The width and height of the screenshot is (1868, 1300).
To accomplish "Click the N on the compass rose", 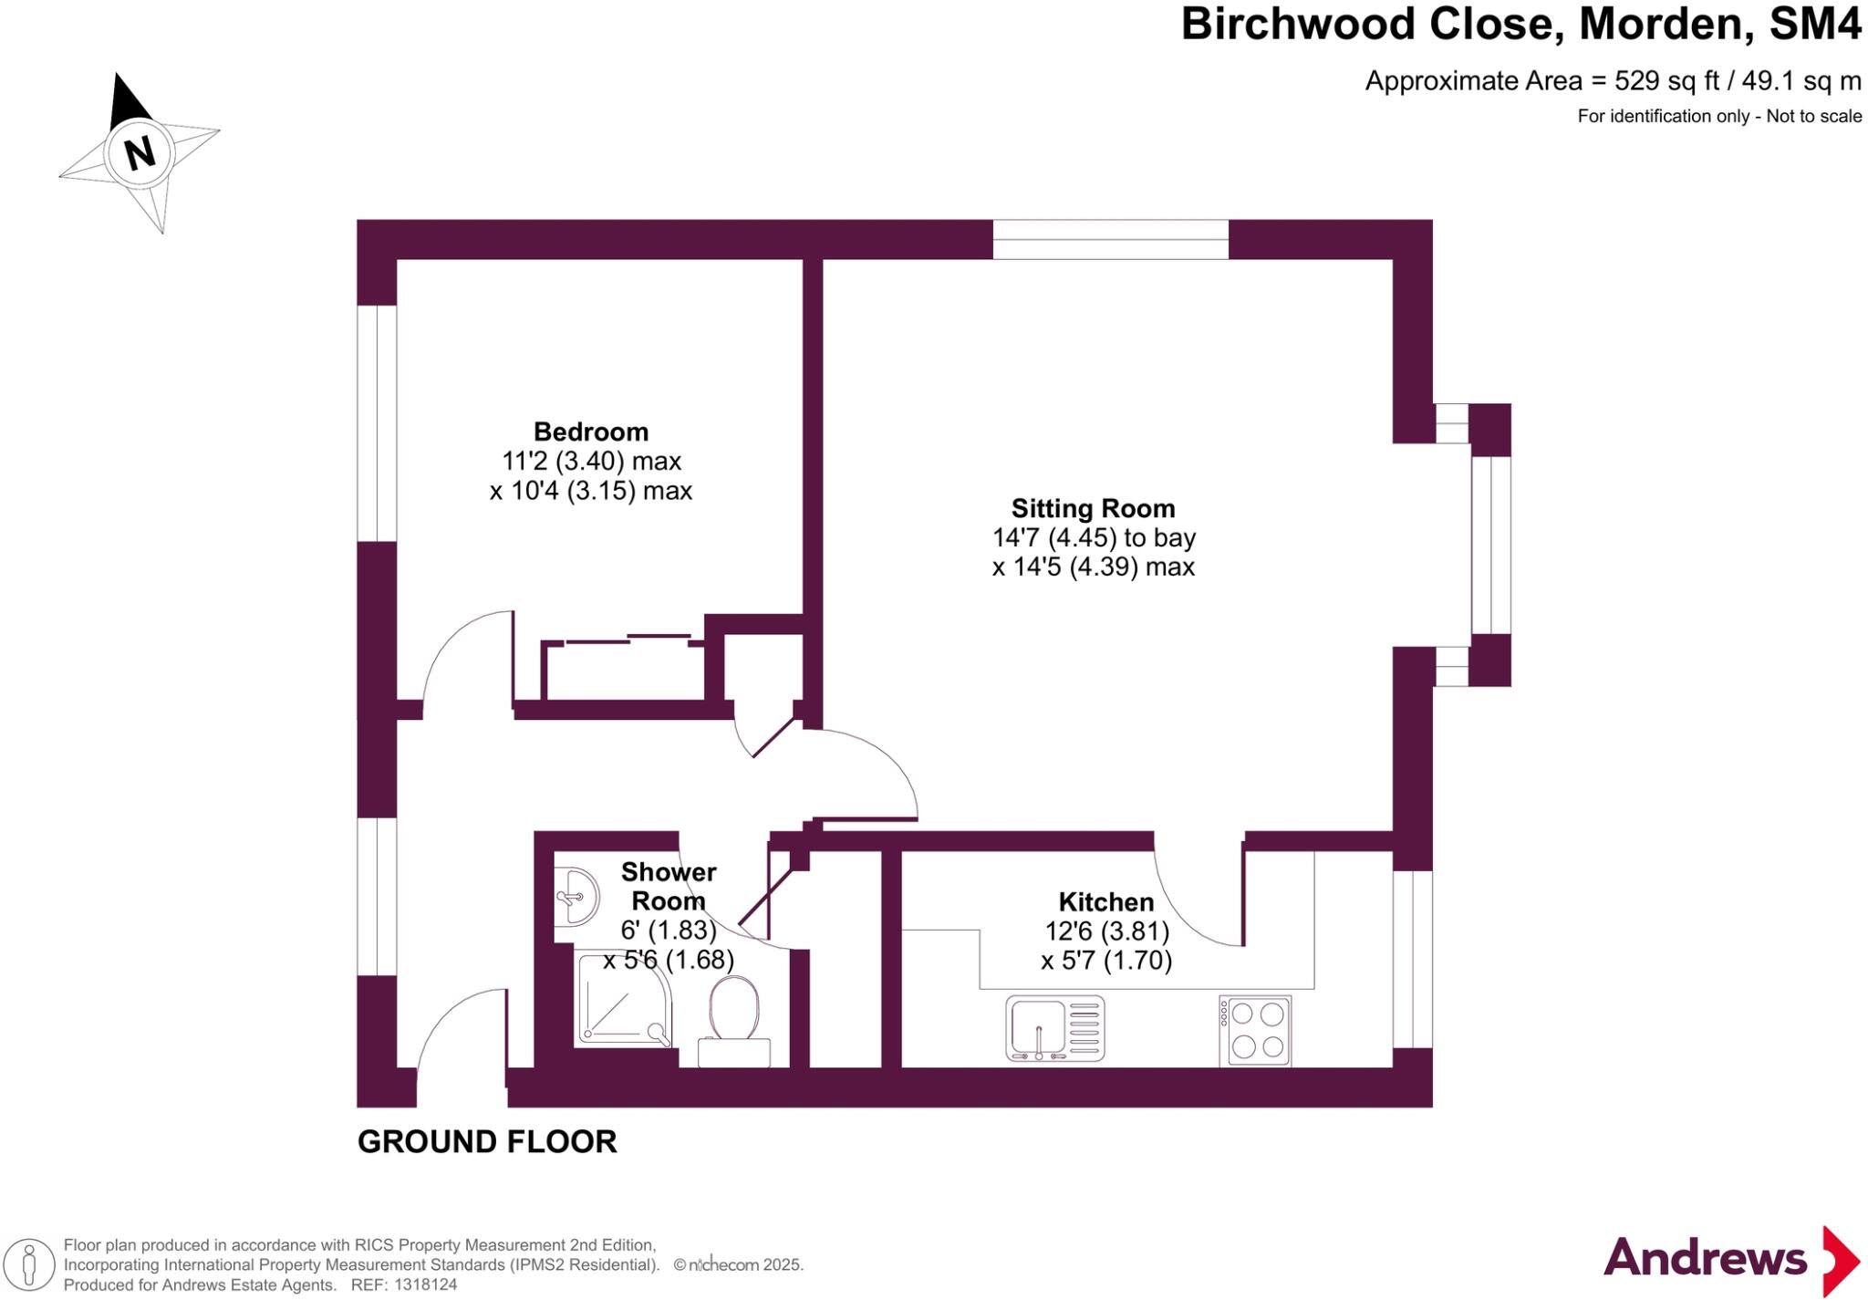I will (140, 152).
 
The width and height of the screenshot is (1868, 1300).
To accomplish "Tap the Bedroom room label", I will (591, 432).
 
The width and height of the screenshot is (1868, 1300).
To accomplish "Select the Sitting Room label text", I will (1093, 508).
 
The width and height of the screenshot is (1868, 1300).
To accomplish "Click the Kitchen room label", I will (1105, 902).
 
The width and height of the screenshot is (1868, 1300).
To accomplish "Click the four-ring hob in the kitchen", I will (1255, 1031).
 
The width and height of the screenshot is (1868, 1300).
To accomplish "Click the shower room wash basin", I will (576, 897).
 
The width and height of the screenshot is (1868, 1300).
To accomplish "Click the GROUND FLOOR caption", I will (487, 1141).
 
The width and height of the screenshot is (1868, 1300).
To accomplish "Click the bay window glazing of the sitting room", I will (1490, 545).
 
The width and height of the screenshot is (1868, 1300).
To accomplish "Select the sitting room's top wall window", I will (1110, 239).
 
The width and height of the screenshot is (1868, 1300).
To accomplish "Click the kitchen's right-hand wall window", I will (1412, 958).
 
